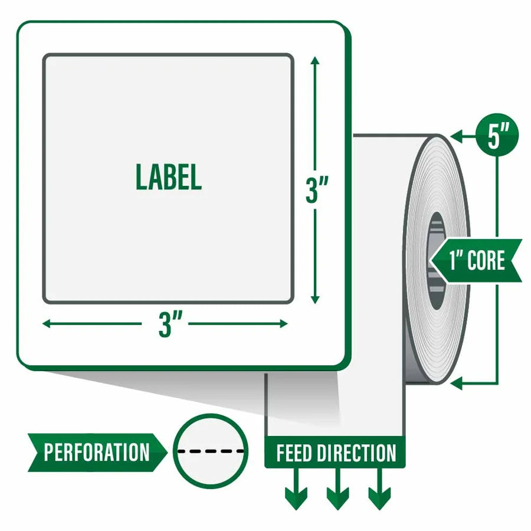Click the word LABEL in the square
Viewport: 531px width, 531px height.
coord(169,177)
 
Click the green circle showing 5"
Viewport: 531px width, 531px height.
coord(497,135)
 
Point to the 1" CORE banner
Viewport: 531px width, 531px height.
coord(477,260)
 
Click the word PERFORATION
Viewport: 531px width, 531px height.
coord(97,452)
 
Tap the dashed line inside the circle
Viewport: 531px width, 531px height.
coord(211,451)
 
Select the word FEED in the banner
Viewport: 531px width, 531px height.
coord(294,453)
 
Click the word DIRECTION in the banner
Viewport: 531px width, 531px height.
coord(356,453)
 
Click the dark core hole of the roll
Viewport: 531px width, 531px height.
coord(436,261)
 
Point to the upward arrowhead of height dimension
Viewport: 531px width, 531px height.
coord(315,61)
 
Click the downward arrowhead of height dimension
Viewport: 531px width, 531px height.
coord(315,299)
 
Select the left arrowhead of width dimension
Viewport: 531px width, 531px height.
coord(47,324)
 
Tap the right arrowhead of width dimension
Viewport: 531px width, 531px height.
coord(283,324)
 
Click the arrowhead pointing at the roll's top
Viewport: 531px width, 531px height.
coord(457,136)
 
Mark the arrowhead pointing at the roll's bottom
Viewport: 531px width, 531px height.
coord(457,383)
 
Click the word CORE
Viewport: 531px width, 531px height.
coord(486,260)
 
